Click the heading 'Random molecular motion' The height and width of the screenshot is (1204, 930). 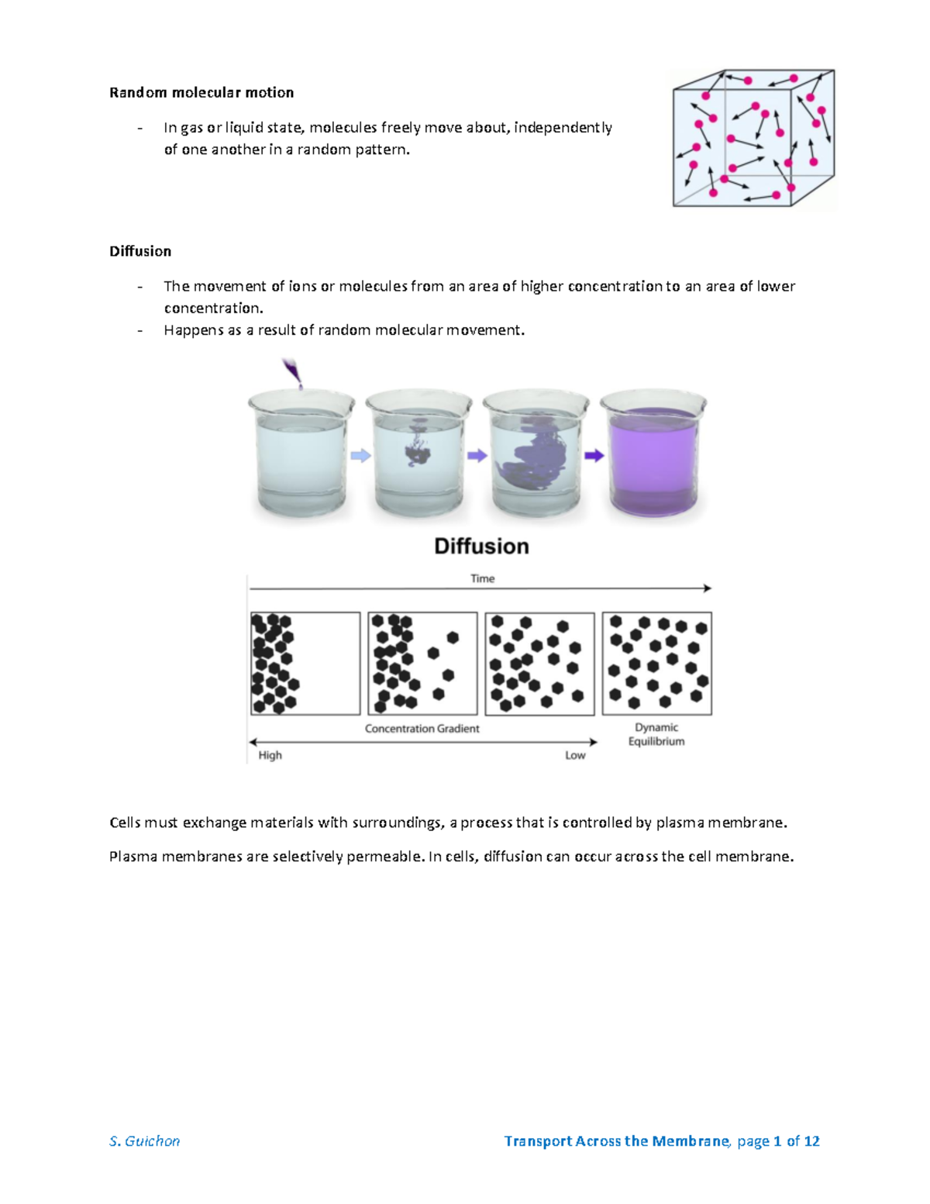[201, 92]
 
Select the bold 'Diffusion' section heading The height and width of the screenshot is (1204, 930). [140, 251]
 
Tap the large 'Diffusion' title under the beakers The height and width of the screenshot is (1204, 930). [481, 547]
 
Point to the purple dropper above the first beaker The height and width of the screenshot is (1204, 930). [293, 372]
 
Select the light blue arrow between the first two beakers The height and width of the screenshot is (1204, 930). [360, 456]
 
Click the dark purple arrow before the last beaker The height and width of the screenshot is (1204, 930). [594, 456]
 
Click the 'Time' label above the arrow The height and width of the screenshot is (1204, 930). [482, 578]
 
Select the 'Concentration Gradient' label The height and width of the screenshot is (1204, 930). [422, 729]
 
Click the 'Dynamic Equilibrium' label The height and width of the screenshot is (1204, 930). [656, 734]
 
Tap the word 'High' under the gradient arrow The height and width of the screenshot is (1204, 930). [270, 755]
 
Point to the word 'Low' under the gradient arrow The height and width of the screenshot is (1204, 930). [575, 755]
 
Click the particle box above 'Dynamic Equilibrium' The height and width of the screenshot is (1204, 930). [657, 664]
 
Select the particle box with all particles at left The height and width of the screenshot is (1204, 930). [305, 664]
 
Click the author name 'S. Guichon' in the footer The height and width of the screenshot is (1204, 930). [145, 1141]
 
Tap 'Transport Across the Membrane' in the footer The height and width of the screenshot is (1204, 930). [616, 1141]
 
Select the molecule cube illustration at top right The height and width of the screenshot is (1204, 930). [753, 138]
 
